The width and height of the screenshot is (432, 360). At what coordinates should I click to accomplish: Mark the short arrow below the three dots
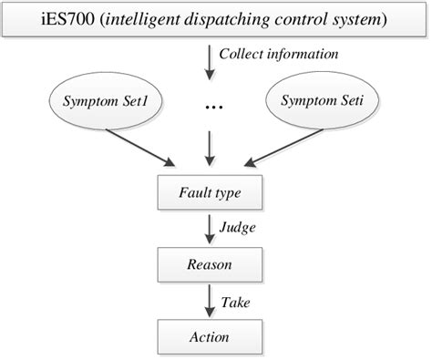click(x=211, y=146)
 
